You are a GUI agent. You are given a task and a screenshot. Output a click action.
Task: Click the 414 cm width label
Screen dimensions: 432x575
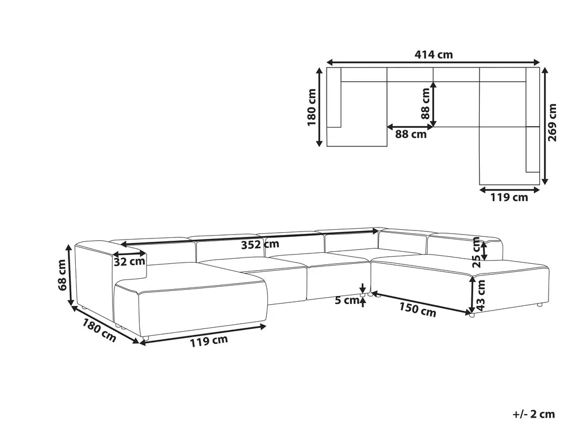tap(434, 55)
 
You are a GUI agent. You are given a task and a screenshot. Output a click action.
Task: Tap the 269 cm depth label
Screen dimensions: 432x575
tap(553, 125)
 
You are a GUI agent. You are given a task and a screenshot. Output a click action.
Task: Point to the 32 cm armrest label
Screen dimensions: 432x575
tap(129, 262)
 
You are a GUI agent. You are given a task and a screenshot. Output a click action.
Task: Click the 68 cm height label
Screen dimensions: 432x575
tap(62, 275)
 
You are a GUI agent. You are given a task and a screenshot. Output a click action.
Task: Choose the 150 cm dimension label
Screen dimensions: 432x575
tap(417, 310)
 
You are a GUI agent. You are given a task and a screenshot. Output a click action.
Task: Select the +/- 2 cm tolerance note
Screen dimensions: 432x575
tap(534, 413)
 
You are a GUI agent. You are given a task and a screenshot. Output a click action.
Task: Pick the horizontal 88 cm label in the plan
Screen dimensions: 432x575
tap(411, 134)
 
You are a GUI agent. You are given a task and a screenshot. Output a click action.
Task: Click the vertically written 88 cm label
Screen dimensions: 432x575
tap(425, 104)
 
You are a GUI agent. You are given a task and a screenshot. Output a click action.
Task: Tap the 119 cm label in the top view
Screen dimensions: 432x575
tap(509, 198)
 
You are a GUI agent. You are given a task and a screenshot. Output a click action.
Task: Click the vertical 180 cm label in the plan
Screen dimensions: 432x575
tap(311, 108)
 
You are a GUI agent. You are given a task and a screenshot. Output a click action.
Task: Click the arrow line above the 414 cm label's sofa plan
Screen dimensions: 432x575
tap(434, 62)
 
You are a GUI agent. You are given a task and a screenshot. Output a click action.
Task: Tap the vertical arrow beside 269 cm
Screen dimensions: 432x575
tap(545, 125)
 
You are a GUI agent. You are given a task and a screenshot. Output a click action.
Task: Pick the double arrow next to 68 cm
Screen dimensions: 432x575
tap(70, 275)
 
